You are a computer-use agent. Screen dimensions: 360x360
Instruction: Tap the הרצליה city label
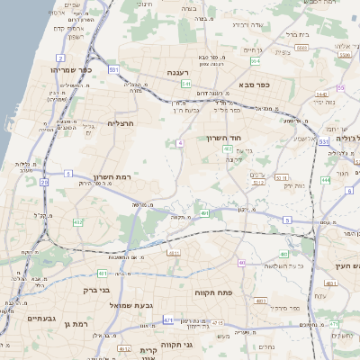(x=121, y=122)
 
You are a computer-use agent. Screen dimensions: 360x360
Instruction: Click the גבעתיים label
(x=41, y=319)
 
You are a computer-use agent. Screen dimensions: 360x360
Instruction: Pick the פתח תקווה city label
(x=213, y=293)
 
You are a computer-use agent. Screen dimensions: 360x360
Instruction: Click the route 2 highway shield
(x=60, y=58)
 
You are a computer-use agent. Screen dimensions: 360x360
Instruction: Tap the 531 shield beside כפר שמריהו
(x=113, y=69)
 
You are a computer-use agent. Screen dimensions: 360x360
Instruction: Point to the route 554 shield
(x=256, y=61)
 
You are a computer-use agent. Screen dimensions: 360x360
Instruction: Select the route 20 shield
(x=44, y=182)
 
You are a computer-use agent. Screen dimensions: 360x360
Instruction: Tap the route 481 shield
(x=103, y=273)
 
